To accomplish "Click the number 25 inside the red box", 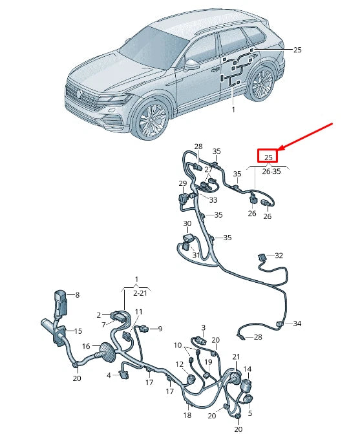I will tap(268, 156).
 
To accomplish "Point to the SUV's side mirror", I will tap(192, 65).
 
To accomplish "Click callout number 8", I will tap(78, 295).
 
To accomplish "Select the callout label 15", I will tap(78, 331).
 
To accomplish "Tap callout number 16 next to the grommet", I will tap(85, 346).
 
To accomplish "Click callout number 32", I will tap(279, 256).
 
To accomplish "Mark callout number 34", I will tap(297, 323).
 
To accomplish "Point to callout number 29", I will tap(182, 184).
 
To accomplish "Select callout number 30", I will tap(187, 224).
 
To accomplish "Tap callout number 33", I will tap(213, 200).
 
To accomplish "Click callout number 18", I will tap(187, 415).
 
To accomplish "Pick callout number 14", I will tap(247, 369).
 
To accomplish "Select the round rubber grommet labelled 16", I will tap(105, 354).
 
